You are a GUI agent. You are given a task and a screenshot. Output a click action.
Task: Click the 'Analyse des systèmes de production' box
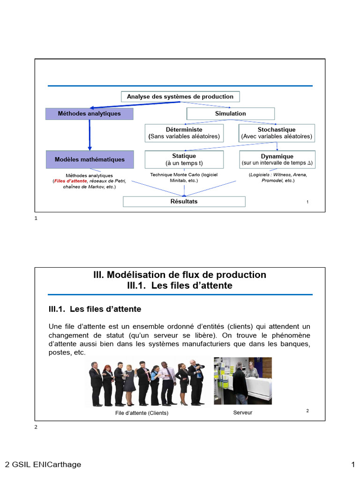[x=180, y=97]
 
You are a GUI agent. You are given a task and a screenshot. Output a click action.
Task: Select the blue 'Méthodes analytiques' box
[x=89, y=113]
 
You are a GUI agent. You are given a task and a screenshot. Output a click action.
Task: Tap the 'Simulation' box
[x=230, y=113]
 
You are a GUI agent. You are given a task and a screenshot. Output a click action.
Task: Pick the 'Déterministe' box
[x=184, y=133]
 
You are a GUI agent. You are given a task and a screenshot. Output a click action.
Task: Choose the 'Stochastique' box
[x=277, y=133]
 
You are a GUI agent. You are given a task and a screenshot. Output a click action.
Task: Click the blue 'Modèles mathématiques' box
[x=90, y=159]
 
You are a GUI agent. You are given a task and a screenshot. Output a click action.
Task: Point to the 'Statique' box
[x=184, y=159]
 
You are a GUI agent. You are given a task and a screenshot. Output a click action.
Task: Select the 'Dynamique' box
[x=277, y=159]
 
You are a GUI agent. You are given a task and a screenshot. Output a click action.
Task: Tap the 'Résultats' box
[x=184, y=202]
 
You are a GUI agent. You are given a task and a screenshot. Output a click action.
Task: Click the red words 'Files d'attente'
[x=70, y=180]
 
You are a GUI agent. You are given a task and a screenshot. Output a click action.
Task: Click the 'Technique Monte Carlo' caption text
[x=184, y=177]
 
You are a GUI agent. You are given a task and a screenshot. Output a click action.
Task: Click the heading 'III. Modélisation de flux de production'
[x=180, y=275]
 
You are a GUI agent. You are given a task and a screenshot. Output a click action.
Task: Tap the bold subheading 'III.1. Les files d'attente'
[x=95, y=309]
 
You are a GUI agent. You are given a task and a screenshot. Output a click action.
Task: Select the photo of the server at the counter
[x=243, y=381]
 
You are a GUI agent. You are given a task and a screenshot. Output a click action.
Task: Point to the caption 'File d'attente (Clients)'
[x=142, y=413]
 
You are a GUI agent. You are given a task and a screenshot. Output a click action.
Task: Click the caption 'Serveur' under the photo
[x=242, y=412]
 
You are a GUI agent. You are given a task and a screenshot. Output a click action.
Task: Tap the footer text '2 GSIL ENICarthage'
[x=43, y=465]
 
